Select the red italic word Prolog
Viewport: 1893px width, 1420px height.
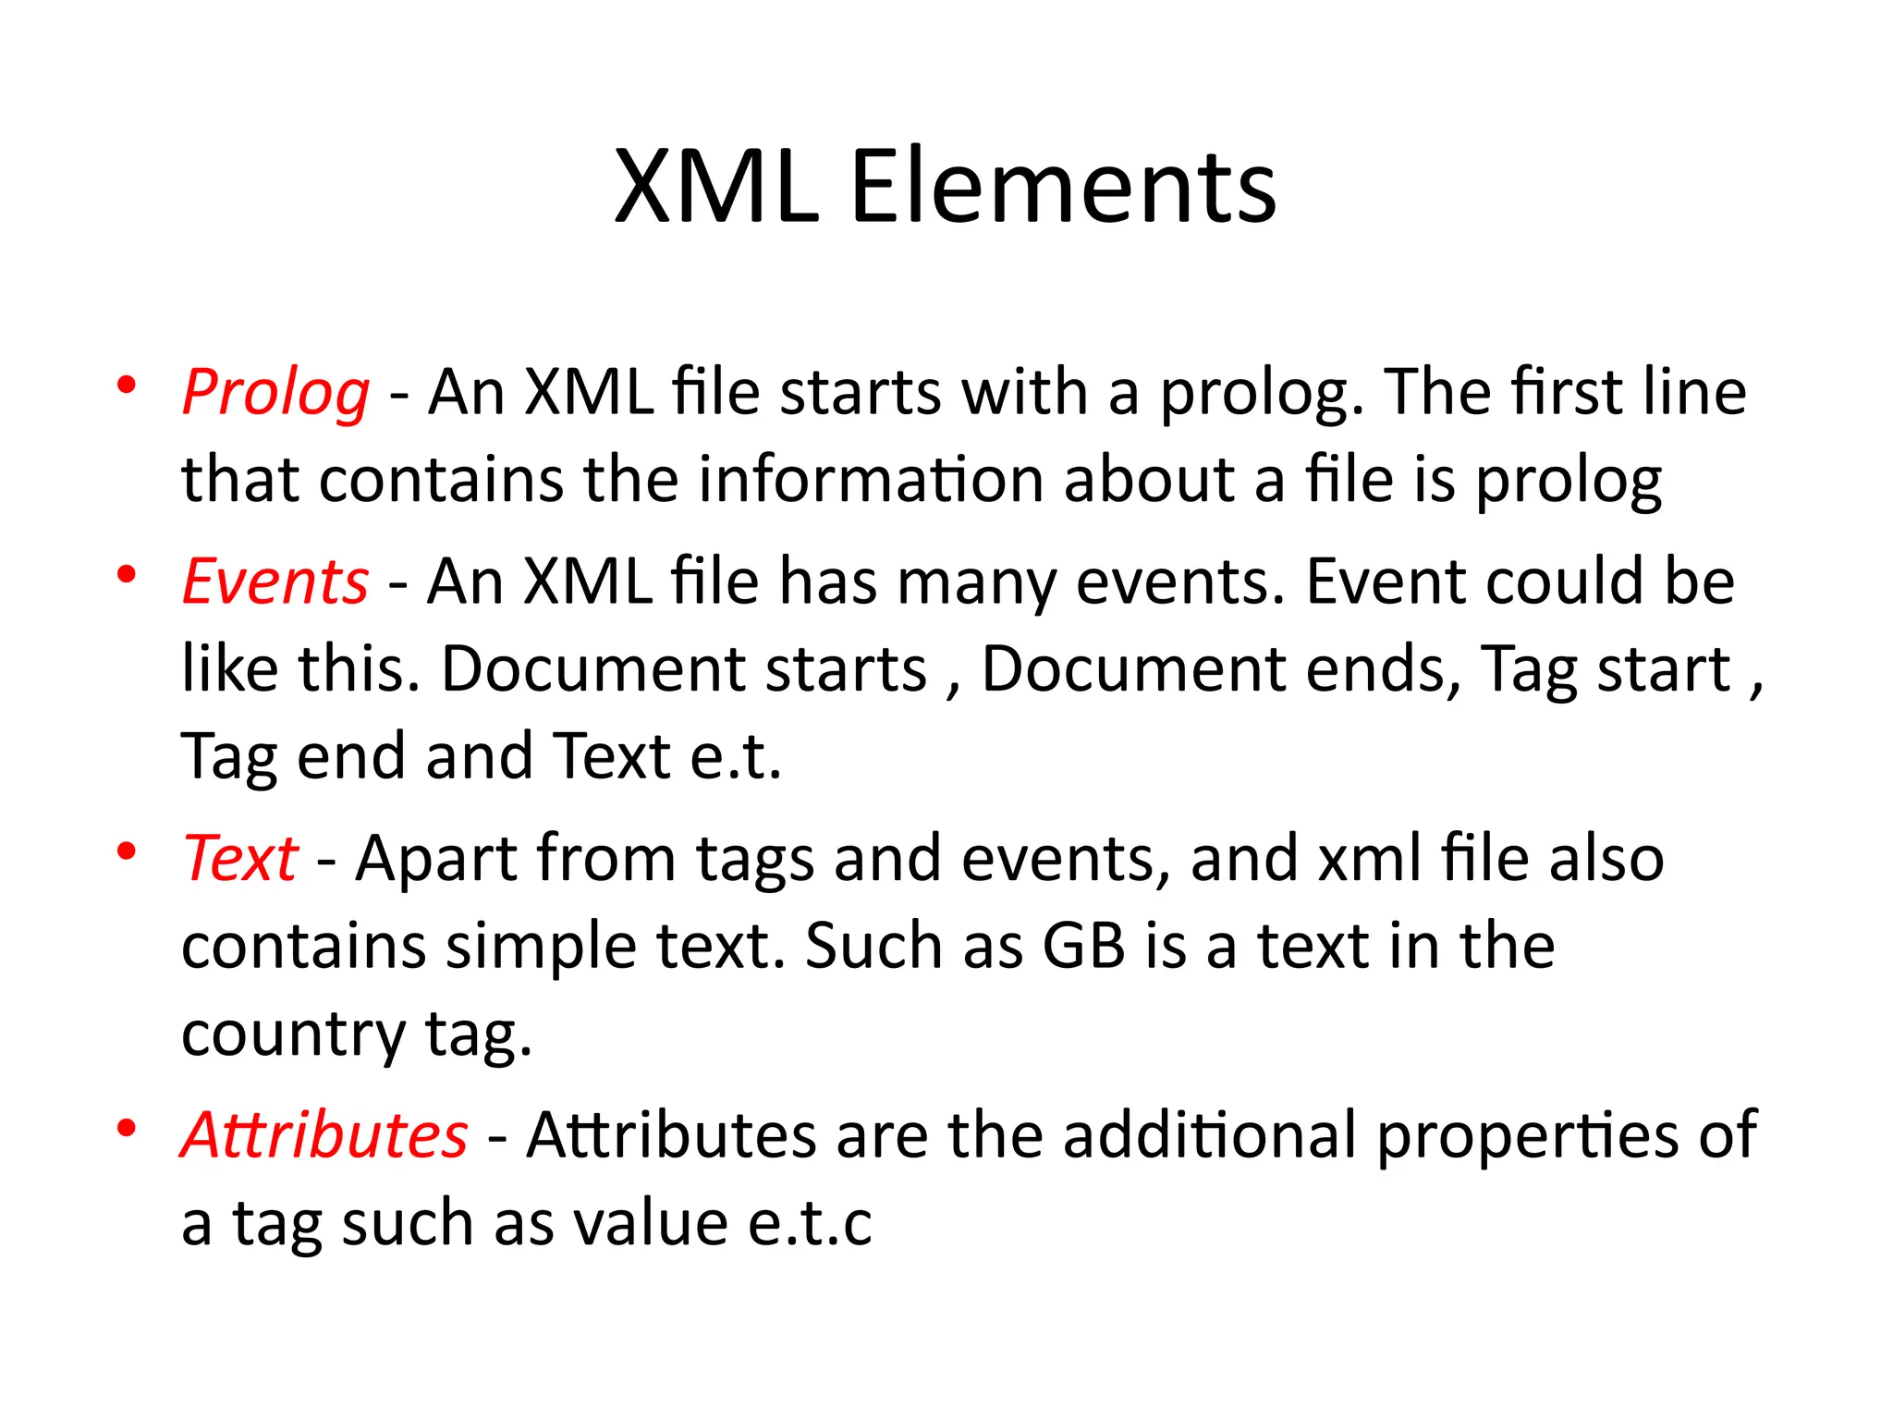[x=275, y=393]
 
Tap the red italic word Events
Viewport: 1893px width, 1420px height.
[x=275, y=582]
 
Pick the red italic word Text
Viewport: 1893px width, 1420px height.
[x=240, y=859]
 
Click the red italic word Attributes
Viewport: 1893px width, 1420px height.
[x=324, y=1135]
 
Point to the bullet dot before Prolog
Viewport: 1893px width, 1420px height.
[x=128, y=385]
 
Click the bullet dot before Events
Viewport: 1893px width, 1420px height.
[x=128, y=574]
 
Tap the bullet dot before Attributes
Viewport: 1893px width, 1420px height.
[x=128, y=1127]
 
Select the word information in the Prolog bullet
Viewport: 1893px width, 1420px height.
[x=871, y=481]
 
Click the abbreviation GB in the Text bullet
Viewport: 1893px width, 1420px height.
[x=1083, y=947]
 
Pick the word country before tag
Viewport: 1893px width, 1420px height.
[x=292, y=1035]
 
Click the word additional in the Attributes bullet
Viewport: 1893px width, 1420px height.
[x=1209, y=1135]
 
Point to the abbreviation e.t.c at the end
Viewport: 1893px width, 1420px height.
[x=810, y=1223]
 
